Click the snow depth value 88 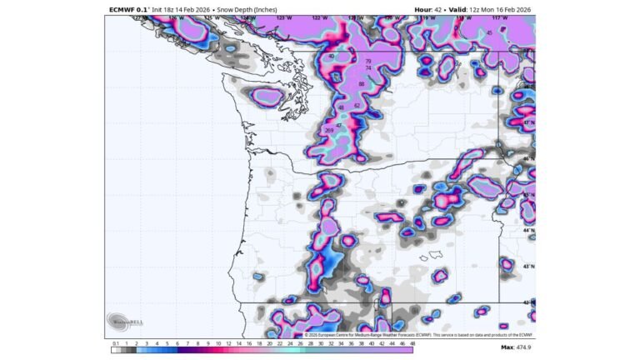click(361, 84)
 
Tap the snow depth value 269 click(329, 130)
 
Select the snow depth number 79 click(367, 61)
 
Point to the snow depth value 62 click(357, 106)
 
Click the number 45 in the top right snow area click(489, 33)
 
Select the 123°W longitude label click(282, 17)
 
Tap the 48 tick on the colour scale click(412, 342)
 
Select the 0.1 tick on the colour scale click(115, 342)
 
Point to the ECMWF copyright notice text click(417, 335)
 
